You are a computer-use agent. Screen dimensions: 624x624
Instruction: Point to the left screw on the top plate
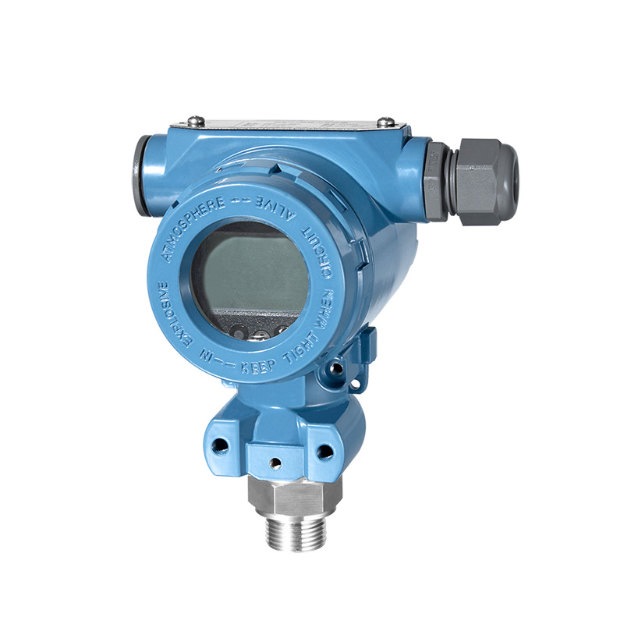coord(194,121)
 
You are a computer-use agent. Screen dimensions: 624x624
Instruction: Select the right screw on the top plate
coord(385,122)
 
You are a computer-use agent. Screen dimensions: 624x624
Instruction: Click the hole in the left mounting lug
coord(221,446)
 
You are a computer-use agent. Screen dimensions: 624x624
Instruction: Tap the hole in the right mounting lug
coord(324,451)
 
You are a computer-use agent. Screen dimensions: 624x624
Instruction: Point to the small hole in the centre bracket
coord(274,462)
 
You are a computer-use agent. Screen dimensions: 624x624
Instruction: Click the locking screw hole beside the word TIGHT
coord(337,366)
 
